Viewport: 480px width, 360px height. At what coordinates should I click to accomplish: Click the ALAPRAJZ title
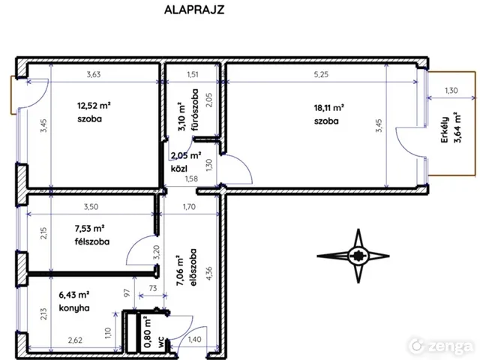coord(194,10)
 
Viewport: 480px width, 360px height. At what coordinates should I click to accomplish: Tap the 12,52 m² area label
coord(94,106)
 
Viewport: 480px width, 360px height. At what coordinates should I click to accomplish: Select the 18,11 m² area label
coord(328,108)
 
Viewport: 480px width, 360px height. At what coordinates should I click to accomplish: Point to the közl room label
coord(178,168)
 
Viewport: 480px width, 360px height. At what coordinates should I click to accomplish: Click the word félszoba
coord(91,241)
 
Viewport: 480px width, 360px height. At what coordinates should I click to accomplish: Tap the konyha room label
coord(74,307)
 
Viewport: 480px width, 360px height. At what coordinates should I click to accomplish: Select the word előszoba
coord(193,268)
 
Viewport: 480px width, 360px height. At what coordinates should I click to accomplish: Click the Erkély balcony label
coord(445,130)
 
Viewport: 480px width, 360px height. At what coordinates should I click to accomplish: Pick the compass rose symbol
coord(353,256)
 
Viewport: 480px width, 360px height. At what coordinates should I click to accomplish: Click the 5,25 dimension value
coord(321,74)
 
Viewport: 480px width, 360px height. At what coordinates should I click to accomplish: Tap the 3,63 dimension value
coord(93,74)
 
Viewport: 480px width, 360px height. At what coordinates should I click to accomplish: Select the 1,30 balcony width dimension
coord(451,90)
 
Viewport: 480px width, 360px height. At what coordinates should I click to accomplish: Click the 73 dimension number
coord(153,288)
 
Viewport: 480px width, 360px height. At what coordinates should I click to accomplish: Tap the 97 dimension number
coord(127,293)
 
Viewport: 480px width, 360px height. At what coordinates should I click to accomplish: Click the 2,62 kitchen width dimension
coord(75,340)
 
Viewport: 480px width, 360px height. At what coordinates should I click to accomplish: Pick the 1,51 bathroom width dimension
coord(193,74)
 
